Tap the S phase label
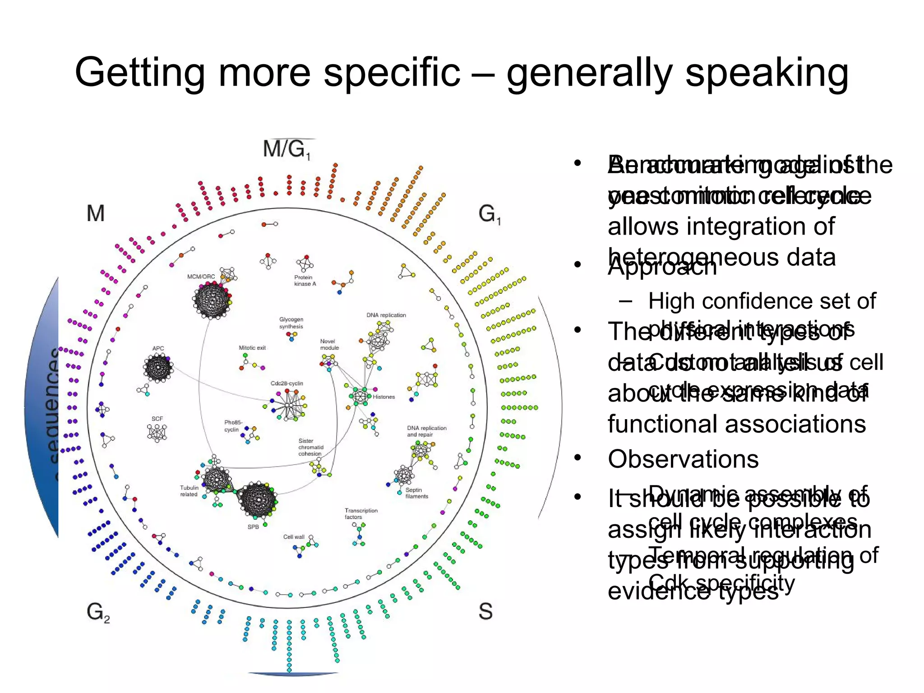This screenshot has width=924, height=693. click(485, 611)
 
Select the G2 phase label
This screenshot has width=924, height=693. click(98, 613)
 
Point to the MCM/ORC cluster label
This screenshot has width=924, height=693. click(201, 277)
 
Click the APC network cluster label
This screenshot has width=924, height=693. click(158, 348)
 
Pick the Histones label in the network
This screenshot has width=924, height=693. click(383, 397)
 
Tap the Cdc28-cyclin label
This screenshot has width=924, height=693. click(287, 383)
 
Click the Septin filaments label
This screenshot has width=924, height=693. click(416, 493)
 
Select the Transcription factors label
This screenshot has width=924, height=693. click(361, 514)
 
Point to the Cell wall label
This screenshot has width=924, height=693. click(294, 537)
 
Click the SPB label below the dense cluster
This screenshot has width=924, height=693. click(253, 527)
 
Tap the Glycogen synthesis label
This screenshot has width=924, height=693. click(291, 323)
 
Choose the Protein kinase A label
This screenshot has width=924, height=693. click(305, 281)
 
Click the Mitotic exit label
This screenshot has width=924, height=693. click(252, 348)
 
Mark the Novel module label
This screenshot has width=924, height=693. click(329, 345)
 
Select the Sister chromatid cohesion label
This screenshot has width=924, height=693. click(310, 447)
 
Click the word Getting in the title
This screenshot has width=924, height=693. click(140, 72)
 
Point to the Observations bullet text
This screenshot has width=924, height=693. click(683, 459)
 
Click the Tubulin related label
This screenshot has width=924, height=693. click(189, 491)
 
